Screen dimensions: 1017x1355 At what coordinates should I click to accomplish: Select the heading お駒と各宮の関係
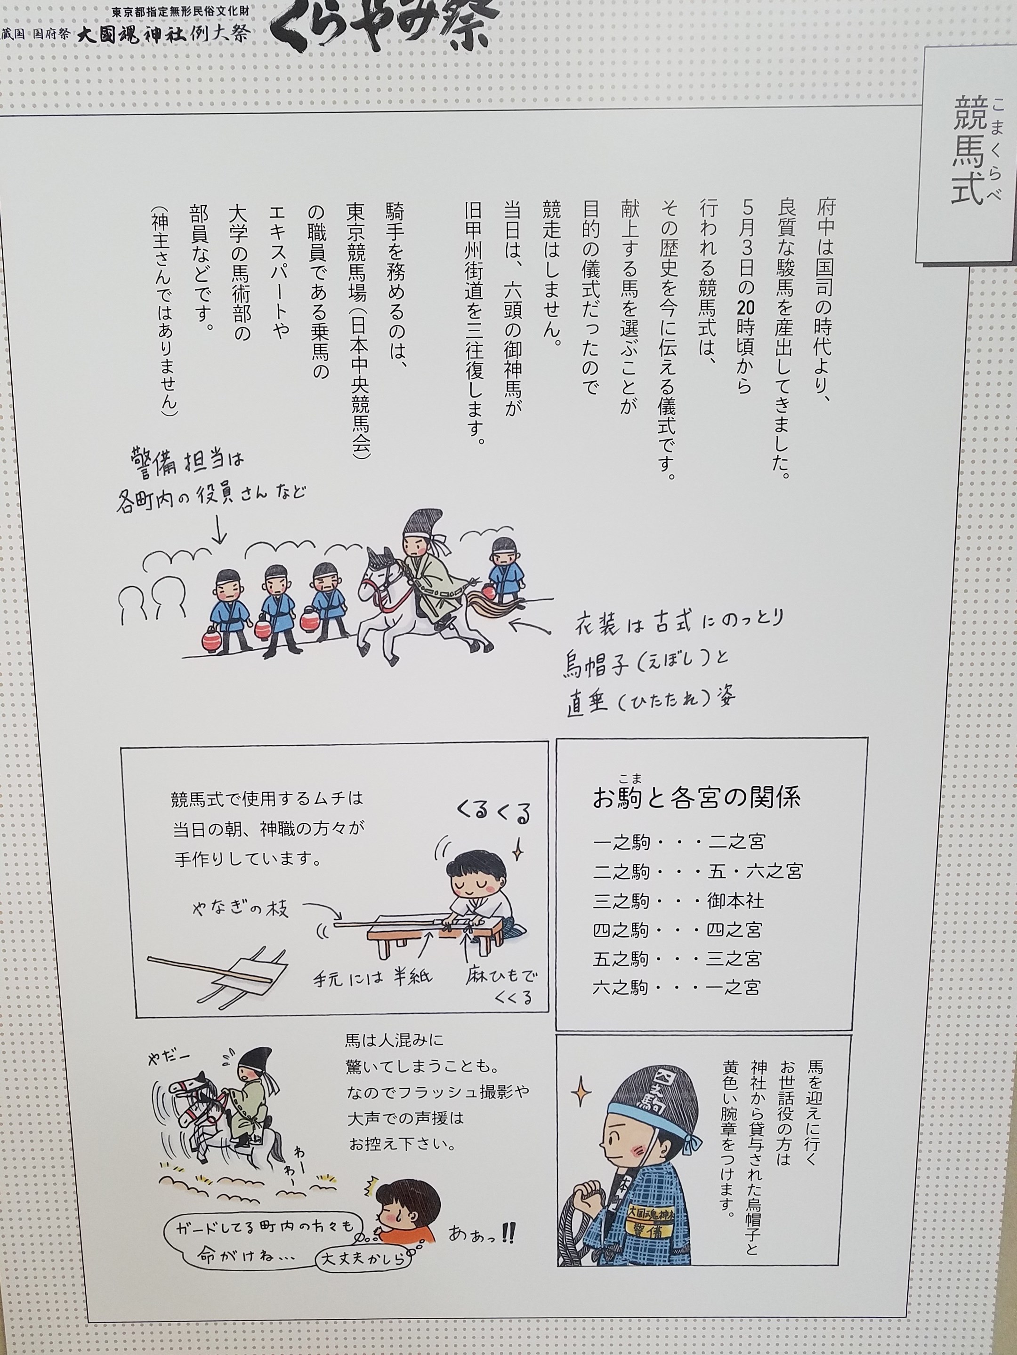697,797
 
